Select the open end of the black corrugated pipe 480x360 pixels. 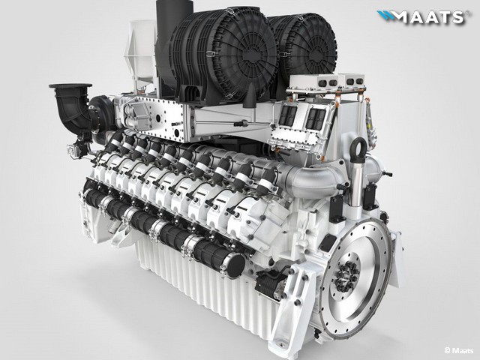[233, 265]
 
